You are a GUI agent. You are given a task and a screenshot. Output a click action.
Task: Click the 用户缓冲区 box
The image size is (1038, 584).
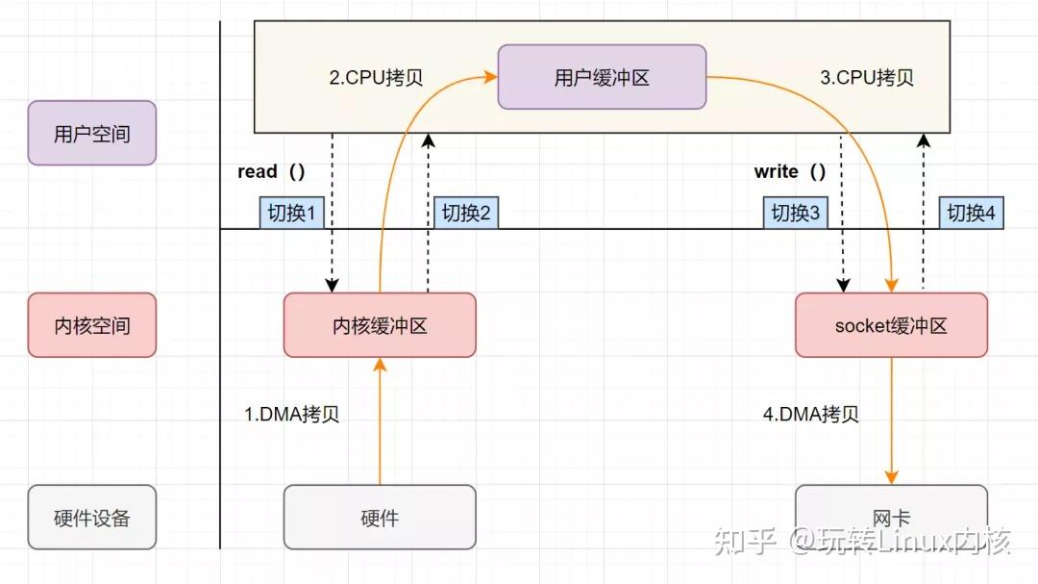tap(602, 78)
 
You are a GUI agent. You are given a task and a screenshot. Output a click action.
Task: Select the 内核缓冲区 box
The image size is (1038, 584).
tap(380, 325)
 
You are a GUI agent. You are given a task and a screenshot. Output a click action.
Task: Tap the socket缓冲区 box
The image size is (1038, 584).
tap(891, 325)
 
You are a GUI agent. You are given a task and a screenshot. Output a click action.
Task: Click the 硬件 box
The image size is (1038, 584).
tap(380, 518)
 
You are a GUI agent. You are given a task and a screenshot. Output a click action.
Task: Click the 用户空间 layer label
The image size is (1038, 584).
tap(91, 133)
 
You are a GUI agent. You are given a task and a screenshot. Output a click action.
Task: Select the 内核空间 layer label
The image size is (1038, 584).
tap(91, 325)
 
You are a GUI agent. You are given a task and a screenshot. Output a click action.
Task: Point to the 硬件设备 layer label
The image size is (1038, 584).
tap(91, 518)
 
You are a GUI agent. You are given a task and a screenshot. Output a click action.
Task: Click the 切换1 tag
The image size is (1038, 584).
tap(291, 213)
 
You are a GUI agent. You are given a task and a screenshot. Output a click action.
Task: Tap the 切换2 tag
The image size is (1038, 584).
tap(466, 213)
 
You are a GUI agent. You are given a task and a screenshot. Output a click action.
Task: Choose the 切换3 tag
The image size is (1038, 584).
tap(796, 213)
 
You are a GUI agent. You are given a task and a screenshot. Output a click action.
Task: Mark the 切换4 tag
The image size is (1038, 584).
tap(971, 213)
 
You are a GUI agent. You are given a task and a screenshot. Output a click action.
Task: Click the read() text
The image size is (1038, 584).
tap(271, 171)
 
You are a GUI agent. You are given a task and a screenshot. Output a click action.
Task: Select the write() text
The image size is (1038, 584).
tap(789, 171)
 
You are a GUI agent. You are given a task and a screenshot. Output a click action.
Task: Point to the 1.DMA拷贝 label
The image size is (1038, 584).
tap(291, 415)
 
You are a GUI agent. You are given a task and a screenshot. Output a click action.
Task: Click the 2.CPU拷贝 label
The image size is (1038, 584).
tap(376, 78)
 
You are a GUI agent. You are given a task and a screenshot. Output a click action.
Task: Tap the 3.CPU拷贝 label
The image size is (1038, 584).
tap(866, 78)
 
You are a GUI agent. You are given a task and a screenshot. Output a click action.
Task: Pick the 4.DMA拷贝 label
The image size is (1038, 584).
tap(810, 415)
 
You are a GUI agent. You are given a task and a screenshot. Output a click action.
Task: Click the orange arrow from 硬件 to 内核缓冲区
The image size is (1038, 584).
tap(380, 423)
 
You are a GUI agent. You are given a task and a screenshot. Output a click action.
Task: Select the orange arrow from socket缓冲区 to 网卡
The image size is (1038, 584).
tap(892, 423)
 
